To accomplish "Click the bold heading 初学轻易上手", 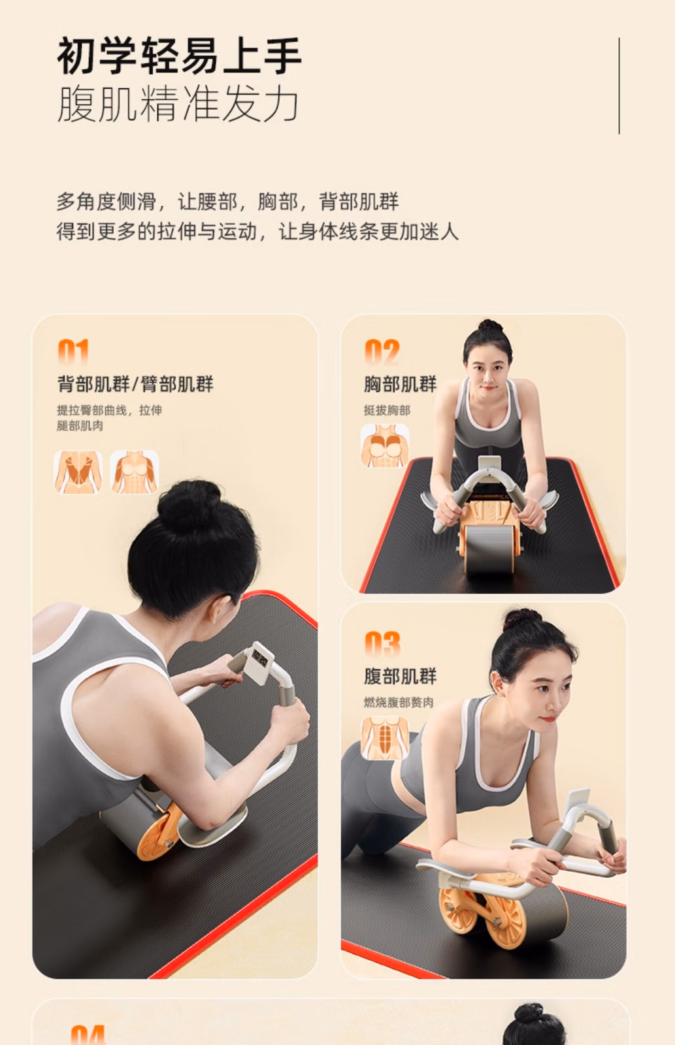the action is click(x=179, y=56).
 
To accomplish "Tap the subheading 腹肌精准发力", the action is click(x=178, y=104).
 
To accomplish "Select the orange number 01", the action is click(x=73, y=351).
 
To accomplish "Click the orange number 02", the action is click(x=382, y=351).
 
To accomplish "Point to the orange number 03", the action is click(x=382, y=644).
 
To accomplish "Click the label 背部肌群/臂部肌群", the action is click(x=135, y=385).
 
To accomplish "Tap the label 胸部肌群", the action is click(x=400, y=385).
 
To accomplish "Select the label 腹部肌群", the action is click(x=400, y=676).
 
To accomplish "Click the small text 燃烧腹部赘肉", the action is click(x=399, y=703).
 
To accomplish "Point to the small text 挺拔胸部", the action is click(x=387, y=411).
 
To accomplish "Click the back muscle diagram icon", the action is click(x=78, y=472).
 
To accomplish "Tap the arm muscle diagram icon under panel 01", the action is click(x=135, y=472).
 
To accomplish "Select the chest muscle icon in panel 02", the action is click(x=385, y=445).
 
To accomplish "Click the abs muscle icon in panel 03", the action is click(x=385, y=739).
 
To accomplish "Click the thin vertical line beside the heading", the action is click(x=619, y=86).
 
